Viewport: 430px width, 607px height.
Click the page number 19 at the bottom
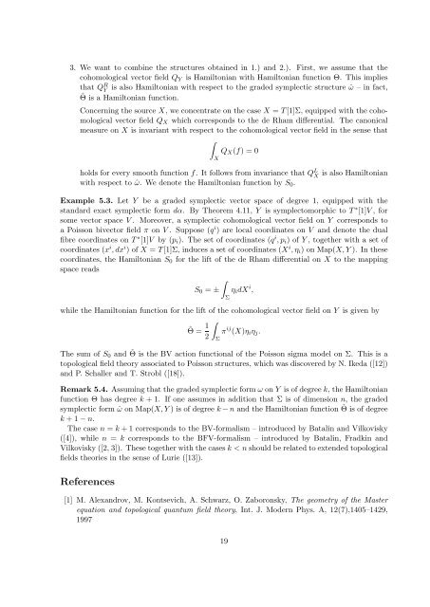pyautogui.click(x=215, y=565)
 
